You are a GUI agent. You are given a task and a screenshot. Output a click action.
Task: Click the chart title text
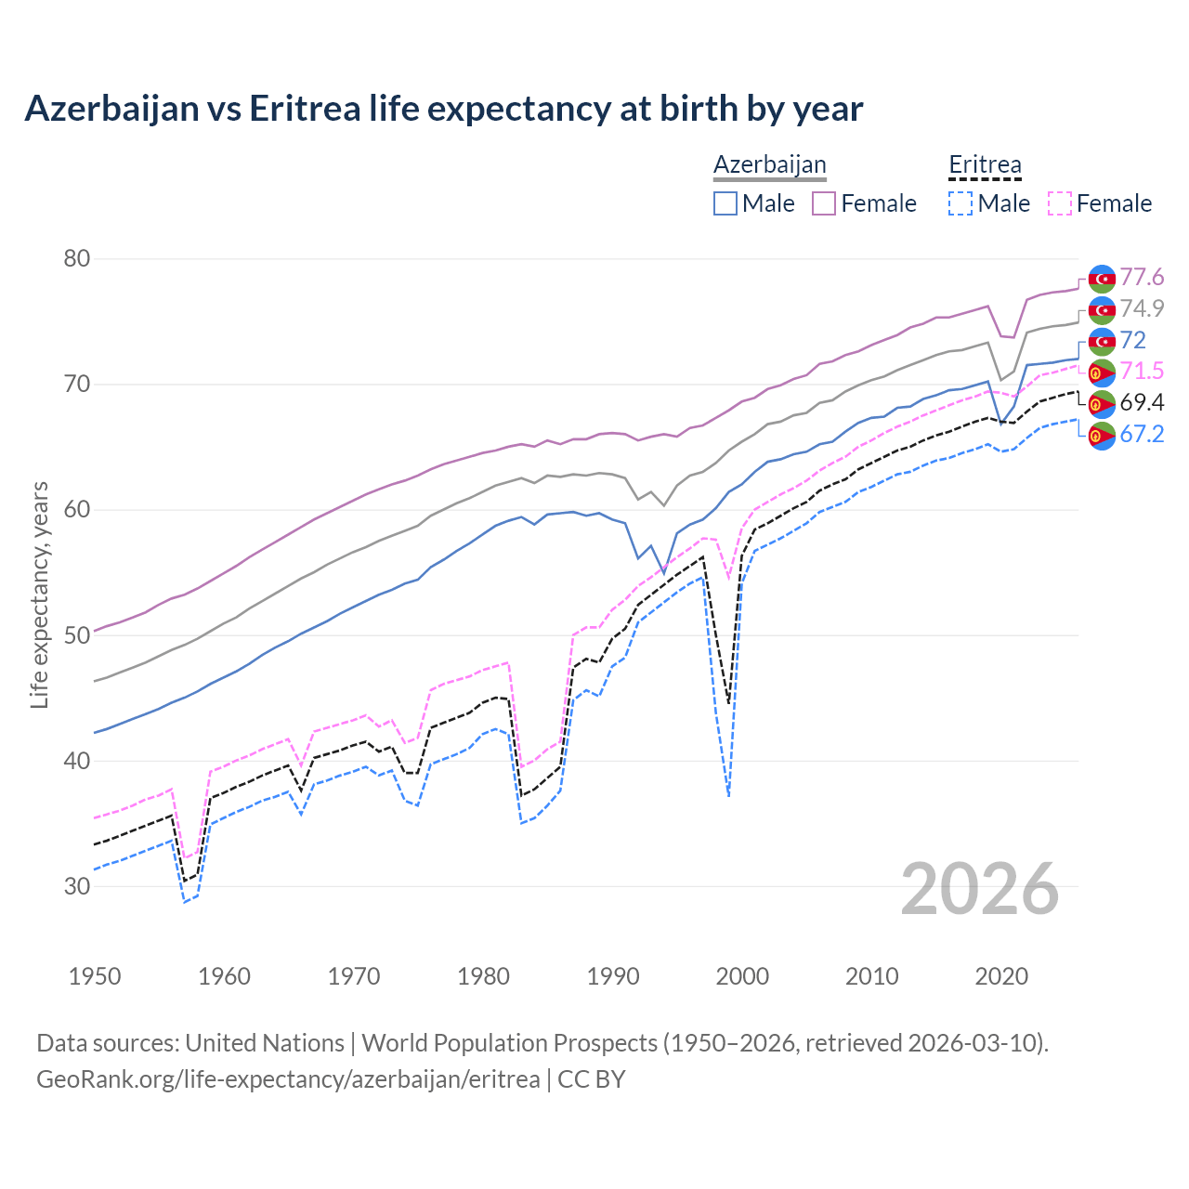443,109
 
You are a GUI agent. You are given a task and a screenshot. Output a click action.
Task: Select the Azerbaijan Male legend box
725,203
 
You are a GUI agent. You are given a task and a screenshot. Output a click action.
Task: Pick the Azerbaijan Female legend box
824,203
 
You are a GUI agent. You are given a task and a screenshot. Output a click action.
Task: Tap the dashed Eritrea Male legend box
960,203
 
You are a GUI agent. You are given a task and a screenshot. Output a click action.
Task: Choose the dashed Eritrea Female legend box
1060,203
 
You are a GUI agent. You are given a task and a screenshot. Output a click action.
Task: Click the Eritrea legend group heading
985,165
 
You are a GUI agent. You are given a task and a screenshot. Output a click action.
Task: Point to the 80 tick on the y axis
76,258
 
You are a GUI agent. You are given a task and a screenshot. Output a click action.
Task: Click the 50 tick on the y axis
76,635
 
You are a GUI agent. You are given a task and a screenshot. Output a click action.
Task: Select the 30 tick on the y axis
76,886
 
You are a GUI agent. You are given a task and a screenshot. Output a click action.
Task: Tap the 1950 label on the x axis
95,976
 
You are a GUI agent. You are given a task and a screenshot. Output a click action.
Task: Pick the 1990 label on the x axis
613,976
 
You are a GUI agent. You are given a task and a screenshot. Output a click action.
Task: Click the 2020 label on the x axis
1001,976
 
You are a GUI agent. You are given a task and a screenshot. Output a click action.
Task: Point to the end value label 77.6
1142,278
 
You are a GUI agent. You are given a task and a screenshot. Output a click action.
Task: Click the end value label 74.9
1142,308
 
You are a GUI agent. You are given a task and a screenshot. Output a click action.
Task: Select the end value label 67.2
1142,434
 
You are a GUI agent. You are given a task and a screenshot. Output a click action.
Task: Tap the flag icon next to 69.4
1102,403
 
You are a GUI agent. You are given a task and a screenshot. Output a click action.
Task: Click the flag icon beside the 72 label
1102,341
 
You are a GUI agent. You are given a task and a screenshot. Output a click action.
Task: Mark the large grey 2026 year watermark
980,889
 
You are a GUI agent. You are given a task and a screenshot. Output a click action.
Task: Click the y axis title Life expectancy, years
39,594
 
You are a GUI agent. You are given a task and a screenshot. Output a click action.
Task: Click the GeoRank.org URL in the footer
288,1079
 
